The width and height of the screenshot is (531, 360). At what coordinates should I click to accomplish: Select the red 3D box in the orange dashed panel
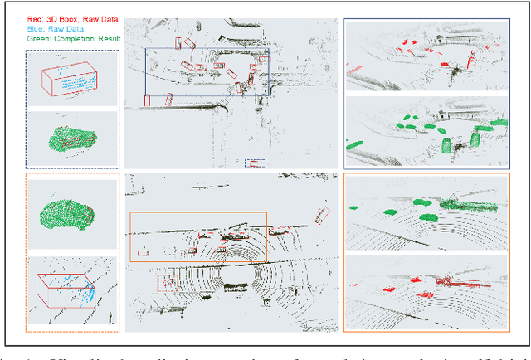(66, 286)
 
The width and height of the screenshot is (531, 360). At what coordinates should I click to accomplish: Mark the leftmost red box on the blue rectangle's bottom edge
(148, 100)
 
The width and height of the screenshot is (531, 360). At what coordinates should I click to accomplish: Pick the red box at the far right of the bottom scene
(322, 215)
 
